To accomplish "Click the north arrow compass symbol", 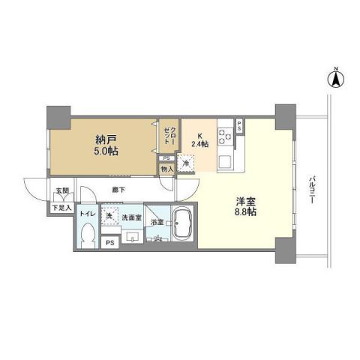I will click(337, 76).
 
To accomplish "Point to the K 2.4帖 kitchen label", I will click(199, 139).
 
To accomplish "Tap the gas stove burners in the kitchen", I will click(226, 135).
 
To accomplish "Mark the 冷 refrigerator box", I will click(184, 161).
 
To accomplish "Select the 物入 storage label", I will click(166, 169).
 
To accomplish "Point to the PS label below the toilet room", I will click(110, 242).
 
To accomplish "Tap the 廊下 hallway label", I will click(118, 190).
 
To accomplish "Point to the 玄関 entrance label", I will click(60, 191).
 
